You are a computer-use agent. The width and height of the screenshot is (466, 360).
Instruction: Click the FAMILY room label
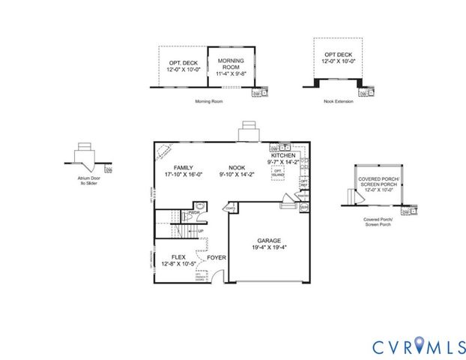(184, 167)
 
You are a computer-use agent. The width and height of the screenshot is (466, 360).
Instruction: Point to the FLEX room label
(178, 256)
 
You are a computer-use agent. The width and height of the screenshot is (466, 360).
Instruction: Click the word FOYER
(217, 257)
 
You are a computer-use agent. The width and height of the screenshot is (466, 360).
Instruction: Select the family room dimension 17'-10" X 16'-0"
(184, 174)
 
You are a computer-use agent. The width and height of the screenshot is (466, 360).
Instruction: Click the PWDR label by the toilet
(193, 212)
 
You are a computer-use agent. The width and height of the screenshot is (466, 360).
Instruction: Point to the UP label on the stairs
(201, 230)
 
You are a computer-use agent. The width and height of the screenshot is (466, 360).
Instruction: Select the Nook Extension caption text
(339, 100)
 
